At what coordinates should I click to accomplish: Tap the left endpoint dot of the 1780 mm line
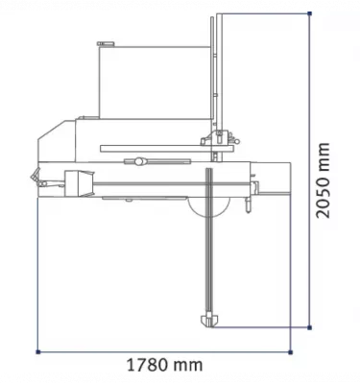coord(37,348)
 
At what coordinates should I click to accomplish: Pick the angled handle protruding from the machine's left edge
coord(38,177)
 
